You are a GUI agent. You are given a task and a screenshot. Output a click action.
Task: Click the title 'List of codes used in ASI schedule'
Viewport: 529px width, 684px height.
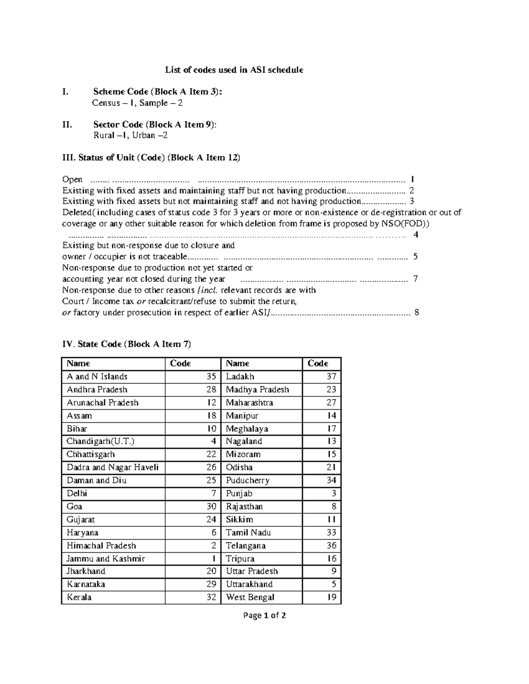pos(234,70)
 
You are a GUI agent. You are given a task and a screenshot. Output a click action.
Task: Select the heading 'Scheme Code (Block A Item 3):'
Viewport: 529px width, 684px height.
pos(158,92)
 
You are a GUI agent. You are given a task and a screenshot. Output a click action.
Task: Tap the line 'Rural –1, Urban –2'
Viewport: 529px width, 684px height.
pos(130,135)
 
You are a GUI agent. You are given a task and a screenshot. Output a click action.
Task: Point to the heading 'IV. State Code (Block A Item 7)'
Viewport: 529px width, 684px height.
pos(127,344)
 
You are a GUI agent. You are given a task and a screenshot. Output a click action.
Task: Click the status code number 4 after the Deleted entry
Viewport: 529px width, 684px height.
pos(416,235)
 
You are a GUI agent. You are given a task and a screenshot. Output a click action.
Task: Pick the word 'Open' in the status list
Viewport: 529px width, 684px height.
pos(72,179)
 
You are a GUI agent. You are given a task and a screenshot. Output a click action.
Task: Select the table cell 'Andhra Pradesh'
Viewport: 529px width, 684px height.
pos(97,389)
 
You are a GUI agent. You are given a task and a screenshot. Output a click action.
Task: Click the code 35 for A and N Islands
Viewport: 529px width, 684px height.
pos(211,377)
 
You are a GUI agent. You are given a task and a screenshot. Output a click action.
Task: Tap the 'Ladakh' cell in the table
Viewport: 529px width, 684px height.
pos(240,377)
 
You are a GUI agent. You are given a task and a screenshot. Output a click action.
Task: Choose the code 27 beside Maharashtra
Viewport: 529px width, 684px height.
pos(332,403)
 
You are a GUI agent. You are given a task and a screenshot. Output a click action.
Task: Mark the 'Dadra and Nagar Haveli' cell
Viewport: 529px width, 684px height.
pos(112,467)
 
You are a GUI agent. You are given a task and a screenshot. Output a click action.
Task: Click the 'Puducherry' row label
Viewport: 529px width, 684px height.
pos(248,480)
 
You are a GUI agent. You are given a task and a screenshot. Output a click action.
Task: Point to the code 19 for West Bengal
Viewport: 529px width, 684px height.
pos(332,597)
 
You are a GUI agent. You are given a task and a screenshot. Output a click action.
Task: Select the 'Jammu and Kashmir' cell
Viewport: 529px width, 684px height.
pos(106,558)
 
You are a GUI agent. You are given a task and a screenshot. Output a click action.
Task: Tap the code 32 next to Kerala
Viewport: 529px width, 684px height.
pos(211,597)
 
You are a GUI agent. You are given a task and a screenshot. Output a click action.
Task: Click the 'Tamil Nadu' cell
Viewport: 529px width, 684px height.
pos(249,532)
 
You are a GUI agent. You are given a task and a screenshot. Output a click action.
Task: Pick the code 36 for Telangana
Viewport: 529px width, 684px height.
pos(332,545)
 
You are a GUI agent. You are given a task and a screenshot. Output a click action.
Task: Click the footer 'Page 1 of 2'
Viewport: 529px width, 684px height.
pos(264,615)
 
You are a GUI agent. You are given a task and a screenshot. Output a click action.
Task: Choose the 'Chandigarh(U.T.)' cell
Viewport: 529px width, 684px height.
pos(101,441)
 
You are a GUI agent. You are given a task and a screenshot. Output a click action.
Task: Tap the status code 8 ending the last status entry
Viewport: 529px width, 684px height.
pos(417,313)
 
